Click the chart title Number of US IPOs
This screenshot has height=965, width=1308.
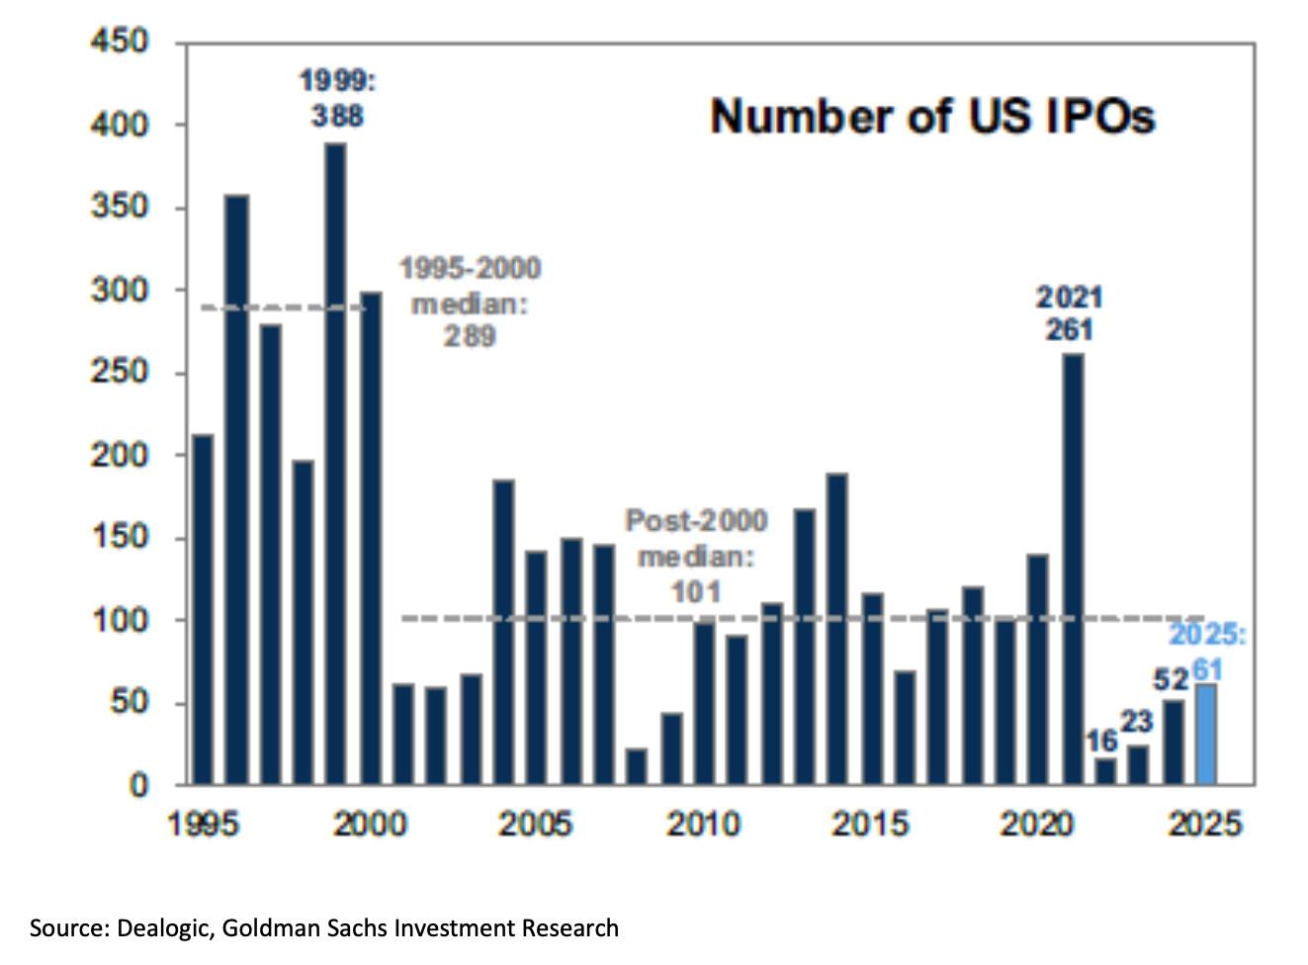coord(932,117)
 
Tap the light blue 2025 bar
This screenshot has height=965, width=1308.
coord(1205,734)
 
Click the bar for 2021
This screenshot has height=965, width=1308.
coord(1073,569)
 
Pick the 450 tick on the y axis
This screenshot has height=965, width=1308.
coord(119,42)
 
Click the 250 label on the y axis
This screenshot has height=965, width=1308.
coord(119,373)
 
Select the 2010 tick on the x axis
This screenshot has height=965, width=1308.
coord(703,823)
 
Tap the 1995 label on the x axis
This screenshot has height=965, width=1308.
coord(203,823)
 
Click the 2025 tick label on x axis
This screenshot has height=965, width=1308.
coord(1204,823)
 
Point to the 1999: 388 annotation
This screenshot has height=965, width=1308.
coord(337,98)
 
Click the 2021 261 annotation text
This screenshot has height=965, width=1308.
coord(1069,312)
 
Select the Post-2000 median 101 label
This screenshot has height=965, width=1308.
coord(696,556)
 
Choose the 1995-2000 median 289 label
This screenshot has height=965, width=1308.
coord(470,302)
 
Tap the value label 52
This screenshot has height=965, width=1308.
coord(1171,680)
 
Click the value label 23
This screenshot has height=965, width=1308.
coord(1137,722)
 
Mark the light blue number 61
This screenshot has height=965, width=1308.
coord(1207,670)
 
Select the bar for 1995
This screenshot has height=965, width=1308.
coord(203,609)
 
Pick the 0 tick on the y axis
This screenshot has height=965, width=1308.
coord(138,785)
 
